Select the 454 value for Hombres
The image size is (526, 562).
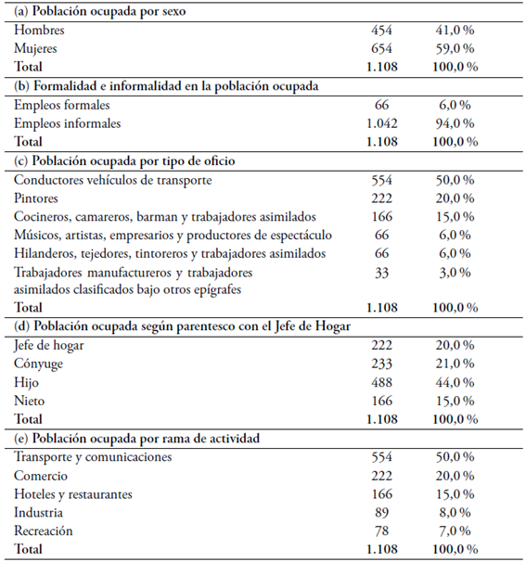[381, 31]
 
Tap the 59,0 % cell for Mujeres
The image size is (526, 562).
[455, 48]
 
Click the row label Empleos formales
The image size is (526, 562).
[62, 105]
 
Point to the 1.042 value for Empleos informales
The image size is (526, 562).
[381, 122]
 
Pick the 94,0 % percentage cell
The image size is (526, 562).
[455, 122]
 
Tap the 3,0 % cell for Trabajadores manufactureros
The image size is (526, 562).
[455, 272]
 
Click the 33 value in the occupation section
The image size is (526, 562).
[381, 272]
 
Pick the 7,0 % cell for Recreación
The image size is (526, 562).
[455, 530]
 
